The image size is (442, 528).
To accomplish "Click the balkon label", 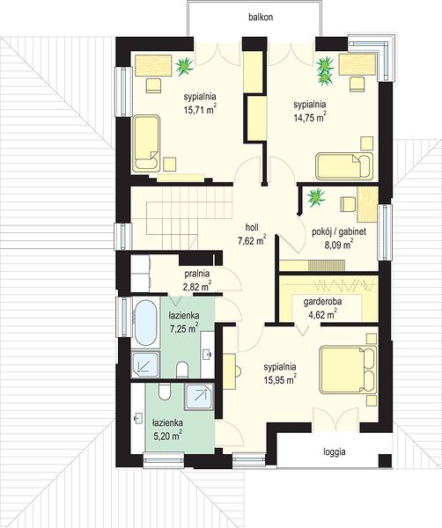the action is [x=261, y=18].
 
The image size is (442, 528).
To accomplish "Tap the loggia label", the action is [x=335, y=451].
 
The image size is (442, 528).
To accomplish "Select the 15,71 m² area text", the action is [x=200, y=109].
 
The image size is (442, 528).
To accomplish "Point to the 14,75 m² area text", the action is [x=310, y=117].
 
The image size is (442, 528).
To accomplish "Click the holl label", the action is [x=252, y=228].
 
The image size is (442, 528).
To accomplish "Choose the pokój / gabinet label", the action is [x=339, y=231].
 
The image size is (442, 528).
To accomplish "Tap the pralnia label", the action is [x=197, y=274].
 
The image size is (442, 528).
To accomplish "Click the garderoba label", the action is [x=320, y=302].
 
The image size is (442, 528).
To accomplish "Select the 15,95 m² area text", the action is [x=280, y=379].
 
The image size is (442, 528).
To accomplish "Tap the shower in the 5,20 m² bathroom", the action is [x=199, y=397].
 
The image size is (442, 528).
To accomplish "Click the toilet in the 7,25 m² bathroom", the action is [x=182, y=370].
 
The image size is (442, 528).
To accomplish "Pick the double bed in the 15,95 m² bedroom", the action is [x=348, y=370].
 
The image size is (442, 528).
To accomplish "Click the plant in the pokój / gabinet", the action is [x=316, y=197].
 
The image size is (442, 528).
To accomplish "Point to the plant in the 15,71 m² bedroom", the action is [x=184, y=66].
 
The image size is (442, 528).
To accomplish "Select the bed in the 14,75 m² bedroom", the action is [x=344, y=166].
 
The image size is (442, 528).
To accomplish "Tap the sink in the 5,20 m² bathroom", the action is [x=137, y=418].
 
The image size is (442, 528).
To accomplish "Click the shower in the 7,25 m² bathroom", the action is [x=145, y=364].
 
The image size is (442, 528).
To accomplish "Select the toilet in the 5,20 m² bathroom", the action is [x=165, y=392].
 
